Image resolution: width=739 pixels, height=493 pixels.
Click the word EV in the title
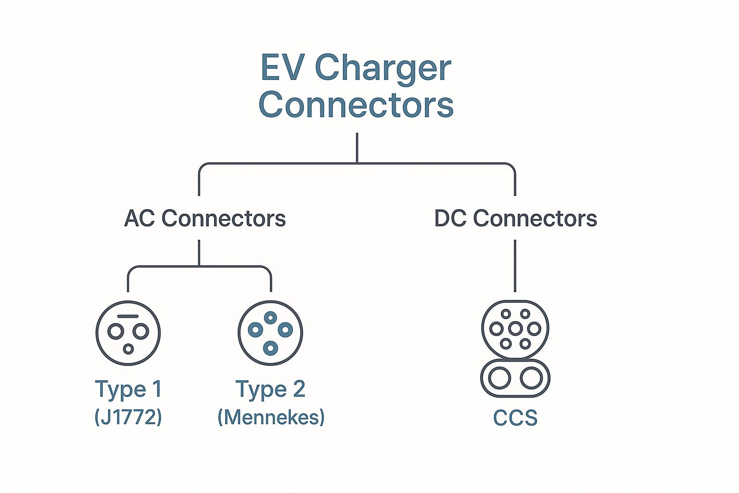coord(282,68)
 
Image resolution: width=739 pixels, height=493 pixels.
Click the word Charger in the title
coord(383,69)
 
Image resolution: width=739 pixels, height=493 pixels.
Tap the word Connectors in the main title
coord(356,104)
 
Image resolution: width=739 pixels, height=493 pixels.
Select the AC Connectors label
coord(205,219)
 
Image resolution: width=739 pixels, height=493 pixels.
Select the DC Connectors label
coord(515,219)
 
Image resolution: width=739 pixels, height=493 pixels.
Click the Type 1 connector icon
coord(128,333)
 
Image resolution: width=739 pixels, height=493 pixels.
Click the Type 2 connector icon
coord(270,333)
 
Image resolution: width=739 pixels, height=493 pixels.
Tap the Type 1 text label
coord(128,389)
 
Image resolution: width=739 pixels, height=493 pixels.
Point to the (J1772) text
coord(128,416)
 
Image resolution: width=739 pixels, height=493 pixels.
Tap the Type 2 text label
coord(270,389)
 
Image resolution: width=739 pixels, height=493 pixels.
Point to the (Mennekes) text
coord(271,416)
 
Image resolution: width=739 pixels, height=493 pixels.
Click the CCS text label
coord(515,418)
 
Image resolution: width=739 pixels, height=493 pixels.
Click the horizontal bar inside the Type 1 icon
coord(128,316)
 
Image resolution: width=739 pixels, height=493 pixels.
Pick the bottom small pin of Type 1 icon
coord(128,349)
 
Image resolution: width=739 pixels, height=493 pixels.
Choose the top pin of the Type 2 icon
coord(270,317)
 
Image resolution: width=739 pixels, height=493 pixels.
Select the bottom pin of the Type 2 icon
coord(270,348)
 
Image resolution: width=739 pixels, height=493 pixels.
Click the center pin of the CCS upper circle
coord(515,329)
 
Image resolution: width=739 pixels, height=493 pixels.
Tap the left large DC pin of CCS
coord(499,378)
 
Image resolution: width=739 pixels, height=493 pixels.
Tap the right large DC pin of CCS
coord(532,378)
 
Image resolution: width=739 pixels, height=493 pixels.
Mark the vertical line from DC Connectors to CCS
coord(515,266)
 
